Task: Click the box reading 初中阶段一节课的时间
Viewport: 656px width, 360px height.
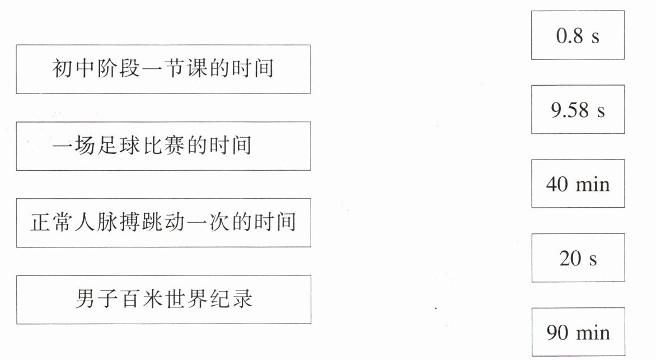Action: click(163, 69)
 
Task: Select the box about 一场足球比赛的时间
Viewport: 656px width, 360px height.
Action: click(163, 146)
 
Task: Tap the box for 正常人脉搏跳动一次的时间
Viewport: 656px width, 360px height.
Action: click(163, 223)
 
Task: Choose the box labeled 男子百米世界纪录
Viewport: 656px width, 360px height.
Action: click(163, 299)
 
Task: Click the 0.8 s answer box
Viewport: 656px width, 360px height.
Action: click(577, 35)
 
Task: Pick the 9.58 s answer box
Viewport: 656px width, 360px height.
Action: click(577, 110)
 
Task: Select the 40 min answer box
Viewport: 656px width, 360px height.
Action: click(577, 184)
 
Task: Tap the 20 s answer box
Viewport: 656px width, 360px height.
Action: click(577, 258)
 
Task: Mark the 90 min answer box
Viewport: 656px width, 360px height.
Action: click(577, 332)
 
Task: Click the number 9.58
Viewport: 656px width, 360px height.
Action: click(570, 110)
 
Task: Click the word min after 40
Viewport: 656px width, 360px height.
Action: click(592, 184)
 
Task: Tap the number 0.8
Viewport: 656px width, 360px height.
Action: click(570, 35)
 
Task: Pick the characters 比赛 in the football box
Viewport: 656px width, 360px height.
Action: click(176, 146)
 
